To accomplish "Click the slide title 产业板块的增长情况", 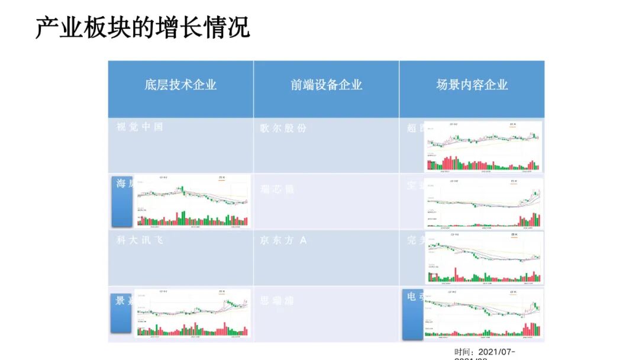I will pyautogui.click(x=143, y=27).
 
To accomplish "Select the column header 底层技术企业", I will pyautogui.click(x=180, y=85).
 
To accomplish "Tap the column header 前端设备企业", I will pyautogui.click(x=326, y=85).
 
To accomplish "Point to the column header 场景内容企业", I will pyautogui.click(x=472, y=85).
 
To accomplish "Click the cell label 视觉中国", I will pyautogui.click(x=140, y=127).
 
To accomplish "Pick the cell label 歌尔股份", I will pyautogui.click(x=283, y=128).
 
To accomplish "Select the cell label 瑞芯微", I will pyautogui.click(x=277, y=189).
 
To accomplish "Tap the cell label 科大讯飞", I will pyautogui.click(x=140, y=240).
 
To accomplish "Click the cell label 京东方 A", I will pyautogui.click(x=283, y=240).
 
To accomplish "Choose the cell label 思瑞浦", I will pyautogui.click(x=277, y=301).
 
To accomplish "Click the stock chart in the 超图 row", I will pyautogui.click(x=483, y=147).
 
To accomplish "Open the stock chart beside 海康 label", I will pyautogui.click(x=193, y=201).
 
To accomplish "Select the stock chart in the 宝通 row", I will pyautogui.click(x=483, y=203).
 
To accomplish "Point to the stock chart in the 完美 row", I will pyautogui.click(x=483, y=258).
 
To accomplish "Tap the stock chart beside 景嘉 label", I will pyautogui.click(x=193, y=314).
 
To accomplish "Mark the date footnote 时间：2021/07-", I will pyautogui.click(x=485, y=352).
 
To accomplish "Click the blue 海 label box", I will pyautogui.click(x=122, y=201).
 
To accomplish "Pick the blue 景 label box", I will pyautogui.click(x=121, y=313).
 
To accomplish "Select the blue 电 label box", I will pyautogui.click(x=412, y=315).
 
